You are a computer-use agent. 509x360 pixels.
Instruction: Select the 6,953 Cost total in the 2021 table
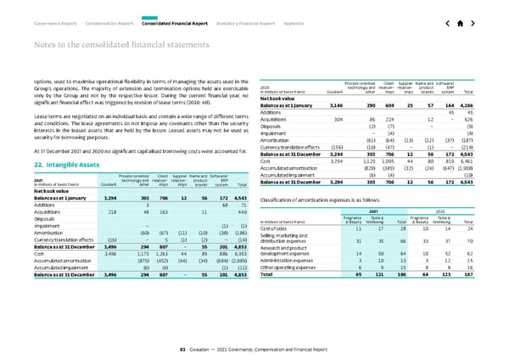(x=240, y=278)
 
